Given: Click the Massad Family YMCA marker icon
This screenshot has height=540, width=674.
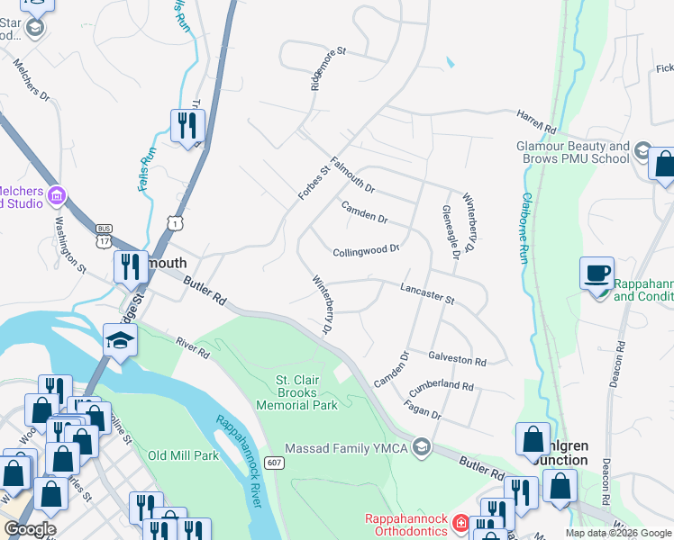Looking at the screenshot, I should coord(421,447).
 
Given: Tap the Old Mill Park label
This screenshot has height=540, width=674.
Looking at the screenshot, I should coord(184,455).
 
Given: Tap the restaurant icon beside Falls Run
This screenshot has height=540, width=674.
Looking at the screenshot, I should coord(187,125).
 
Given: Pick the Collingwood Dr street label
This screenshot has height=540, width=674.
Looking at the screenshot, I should coord(366,252).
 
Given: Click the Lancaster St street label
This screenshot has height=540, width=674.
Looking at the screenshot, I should coord(427,292).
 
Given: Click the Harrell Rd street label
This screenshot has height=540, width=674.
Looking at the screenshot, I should coord(538,118).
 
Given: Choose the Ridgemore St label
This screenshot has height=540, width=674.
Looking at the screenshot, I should coord(328,69).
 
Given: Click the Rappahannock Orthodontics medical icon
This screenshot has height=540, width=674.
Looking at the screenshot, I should coord(460,522).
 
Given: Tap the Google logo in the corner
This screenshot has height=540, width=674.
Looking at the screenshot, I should coord(30,529).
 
